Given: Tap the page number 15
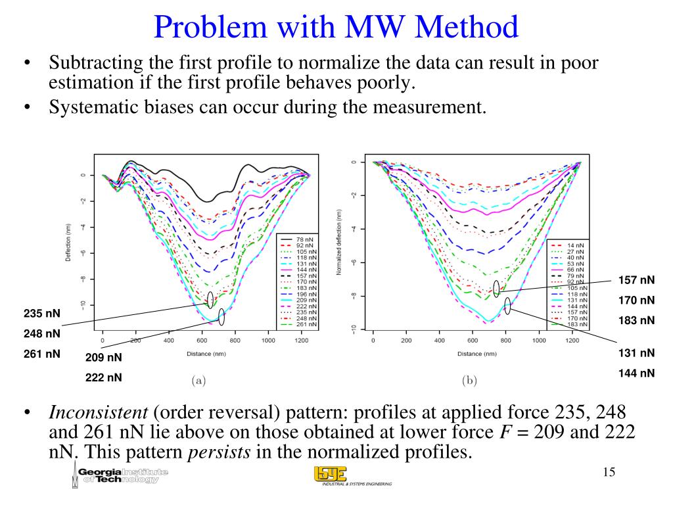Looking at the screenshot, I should (x=609, y=472).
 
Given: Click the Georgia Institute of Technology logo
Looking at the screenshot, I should (x=119, y=476).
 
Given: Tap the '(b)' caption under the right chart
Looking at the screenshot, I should (x=469, y=379).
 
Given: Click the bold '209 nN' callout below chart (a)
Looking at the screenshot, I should (x=104, y=358).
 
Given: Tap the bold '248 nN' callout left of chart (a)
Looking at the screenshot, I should (x=42, y=333).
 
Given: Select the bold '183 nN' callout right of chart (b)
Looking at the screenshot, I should (x=637, y=320).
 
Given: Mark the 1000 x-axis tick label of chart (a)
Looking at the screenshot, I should (x=268, y=341).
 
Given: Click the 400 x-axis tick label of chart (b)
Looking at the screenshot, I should (x=439, y=341).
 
